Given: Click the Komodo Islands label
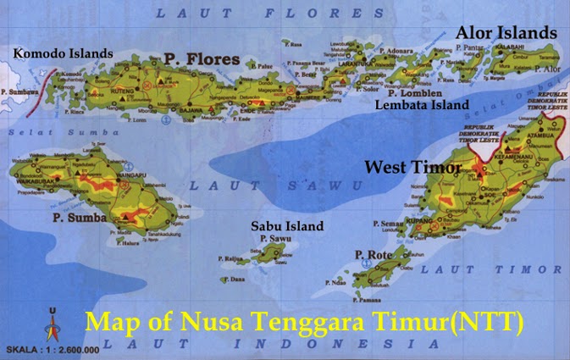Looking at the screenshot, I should pyautogui.click(x=64, y=53).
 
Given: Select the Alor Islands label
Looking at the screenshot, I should pyautogui.click(x=506, y=32).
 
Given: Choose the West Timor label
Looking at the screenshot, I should pyautogui.click(x=412, y=168).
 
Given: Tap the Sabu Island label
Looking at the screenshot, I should pyautogui.click(x=287, y=226).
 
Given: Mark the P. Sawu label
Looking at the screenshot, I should pyautogui.click(x=275, y=239).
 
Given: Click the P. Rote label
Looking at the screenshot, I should pyautogui.click(x=371, y=254).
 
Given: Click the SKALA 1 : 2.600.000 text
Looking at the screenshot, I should pyautogui.click(x=52, y=349).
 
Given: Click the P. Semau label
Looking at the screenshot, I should pyautogui.click(x=385, y=223).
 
